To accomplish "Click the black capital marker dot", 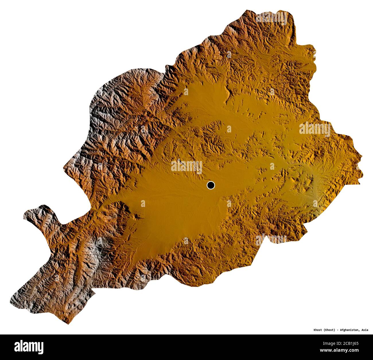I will (211, 185).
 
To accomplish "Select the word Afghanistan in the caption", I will (349, 330).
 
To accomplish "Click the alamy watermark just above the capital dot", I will (187, 166).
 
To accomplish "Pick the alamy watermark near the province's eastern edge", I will (315, 129).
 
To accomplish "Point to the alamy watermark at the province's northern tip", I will (271, 17).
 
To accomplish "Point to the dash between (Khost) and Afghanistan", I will (337, 330).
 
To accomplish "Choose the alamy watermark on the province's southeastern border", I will (271, 238).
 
